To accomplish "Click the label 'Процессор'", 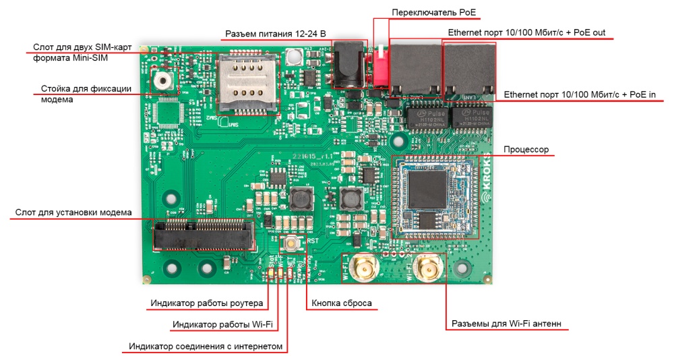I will [x=526, y=149].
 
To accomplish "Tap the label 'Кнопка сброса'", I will [x=342, y=303].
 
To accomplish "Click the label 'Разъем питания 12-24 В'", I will [x=275, y=34].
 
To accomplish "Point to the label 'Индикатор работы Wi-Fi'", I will [x=222, y=325].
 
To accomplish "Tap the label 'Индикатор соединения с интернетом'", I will [x=205, y=347].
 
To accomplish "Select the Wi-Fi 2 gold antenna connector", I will [x=427, y=270].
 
